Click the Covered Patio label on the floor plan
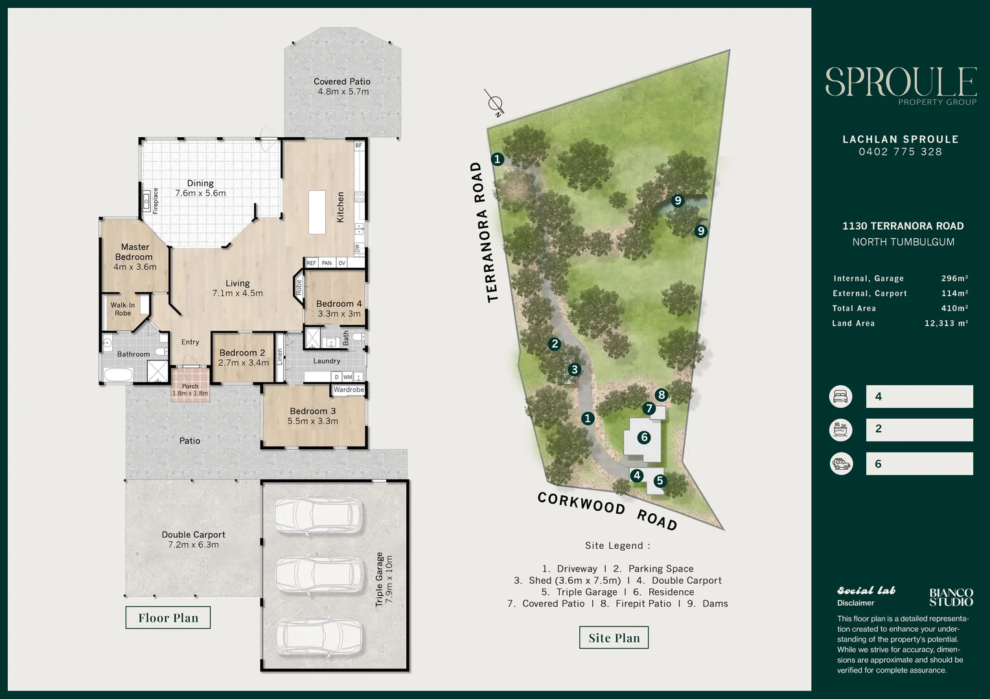pyautogui.click(x=341, y=86)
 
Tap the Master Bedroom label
pyautogui.click(x=135, y=256)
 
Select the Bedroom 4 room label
pyautogui.click(x=338, y=308)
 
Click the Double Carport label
pyautogui.click(x=193, y=539)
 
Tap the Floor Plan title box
pyautogui.click(x=168, y=617)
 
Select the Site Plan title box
pyautogui.click(x=614, y=638)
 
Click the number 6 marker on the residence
pyautogui.click(x=643, y=438)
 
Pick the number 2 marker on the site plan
pyautogui.click(x=554, y=344)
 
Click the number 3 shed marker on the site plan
pyautogui.click(x=574, y=370)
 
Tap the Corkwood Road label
pyautogui.click(x=607, y=511)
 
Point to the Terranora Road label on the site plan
pyautogui.click(x=485, y=232)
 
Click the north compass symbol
pyautogui.click(x=495, y=103)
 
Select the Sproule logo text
pyautogui.click(x=901, y=82)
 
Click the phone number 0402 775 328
pyautogui.click(x=900, y=151)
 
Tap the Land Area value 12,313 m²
pyautogui.click(x=946, y=323)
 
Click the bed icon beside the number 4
pyautogui.click(x=840, y=396)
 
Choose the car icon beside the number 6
pyautogui.click(x=840, y=463)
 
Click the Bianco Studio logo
pyautogui.click(x=950, y=597)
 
